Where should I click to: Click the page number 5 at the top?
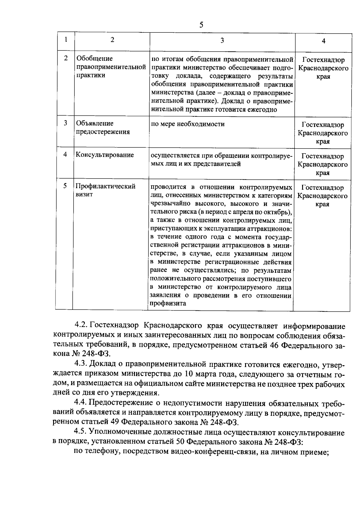click(201, 25)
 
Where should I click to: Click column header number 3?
click(222, 40)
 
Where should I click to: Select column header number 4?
click(323, 41)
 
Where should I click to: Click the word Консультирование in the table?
click(105, 155)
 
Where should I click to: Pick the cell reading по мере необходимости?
click(187, 124)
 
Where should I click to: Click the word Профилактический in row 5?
click(106, 186)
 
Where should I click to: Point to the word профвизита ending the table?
click(168, 303)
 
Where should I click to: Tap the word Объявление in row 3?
click(94, 123)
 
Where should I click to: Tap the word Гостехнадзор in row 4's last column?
click(322, 156)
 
